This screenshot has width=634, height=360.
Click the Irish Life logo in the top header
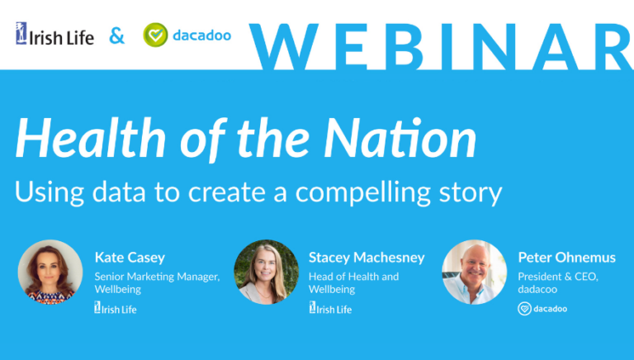click(54, 36)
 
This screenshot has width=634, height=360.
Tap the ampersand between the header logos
click(117, 36)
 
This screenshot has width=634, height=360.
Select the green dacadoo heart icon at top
click(154, 35)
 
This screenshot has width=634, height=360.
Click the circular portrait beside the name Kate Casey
click(50, 272)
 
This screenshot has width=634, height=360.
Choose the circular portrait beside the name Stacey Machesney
click(267, 272)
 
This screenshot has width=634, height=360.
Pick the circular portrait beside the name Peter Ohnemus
click(474, 272)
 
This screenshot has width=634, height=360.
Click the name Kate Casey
click(130, 257)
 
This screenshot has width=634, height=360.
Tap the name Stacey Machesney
click(367, 257)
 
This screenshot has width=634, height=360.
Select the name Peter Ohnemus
click(566, 257)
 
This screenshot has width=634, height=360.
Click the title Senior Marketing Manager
click(157, 277)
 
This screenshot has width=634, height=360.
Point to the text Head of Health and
click(353, 277)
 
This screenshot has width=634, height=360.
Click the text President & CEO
click(558, 277)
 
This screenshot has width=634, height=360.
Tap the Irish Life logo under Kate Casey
click(116, 309)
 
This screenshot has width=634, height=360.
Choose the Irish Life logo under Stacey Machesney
click(330, 309)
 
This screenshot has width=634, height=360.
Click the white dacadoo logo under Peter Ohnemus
click(542, 309)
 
